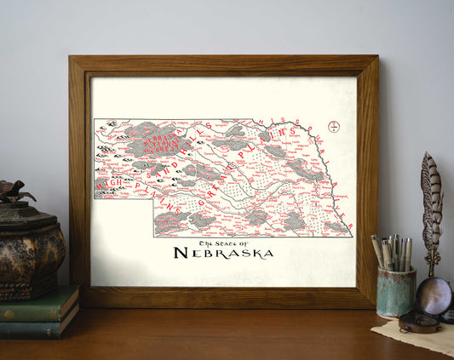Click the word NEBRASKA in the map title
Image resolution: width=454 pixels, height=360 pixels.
coord(223,253)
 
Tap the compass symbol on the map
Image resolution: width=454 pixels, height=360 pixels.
coord(335,127)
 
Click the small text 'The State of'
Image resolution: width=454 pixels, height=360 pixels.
coord(223,240)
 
